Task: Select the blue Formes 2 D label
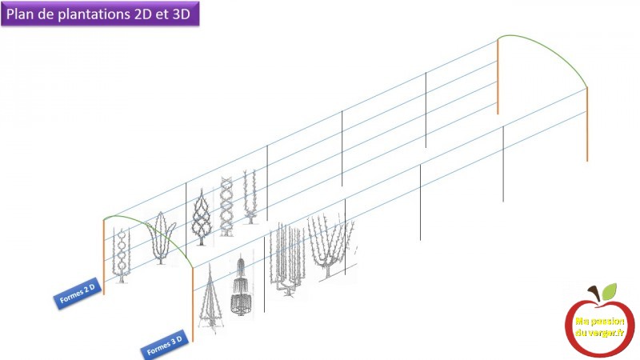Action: tap(77, 293)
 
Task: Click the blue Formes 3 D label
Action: tap(165, 346)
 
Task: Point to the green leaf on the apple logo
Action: tap(609, 291)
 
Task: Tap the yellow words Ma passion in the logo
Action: tap(599, 322)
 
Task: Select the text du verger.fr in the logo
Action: tap(599, 333)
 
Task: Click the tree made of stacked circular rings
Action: tap(122, 256)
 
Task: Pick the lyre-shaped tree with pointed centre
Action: tap(162, 238)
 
